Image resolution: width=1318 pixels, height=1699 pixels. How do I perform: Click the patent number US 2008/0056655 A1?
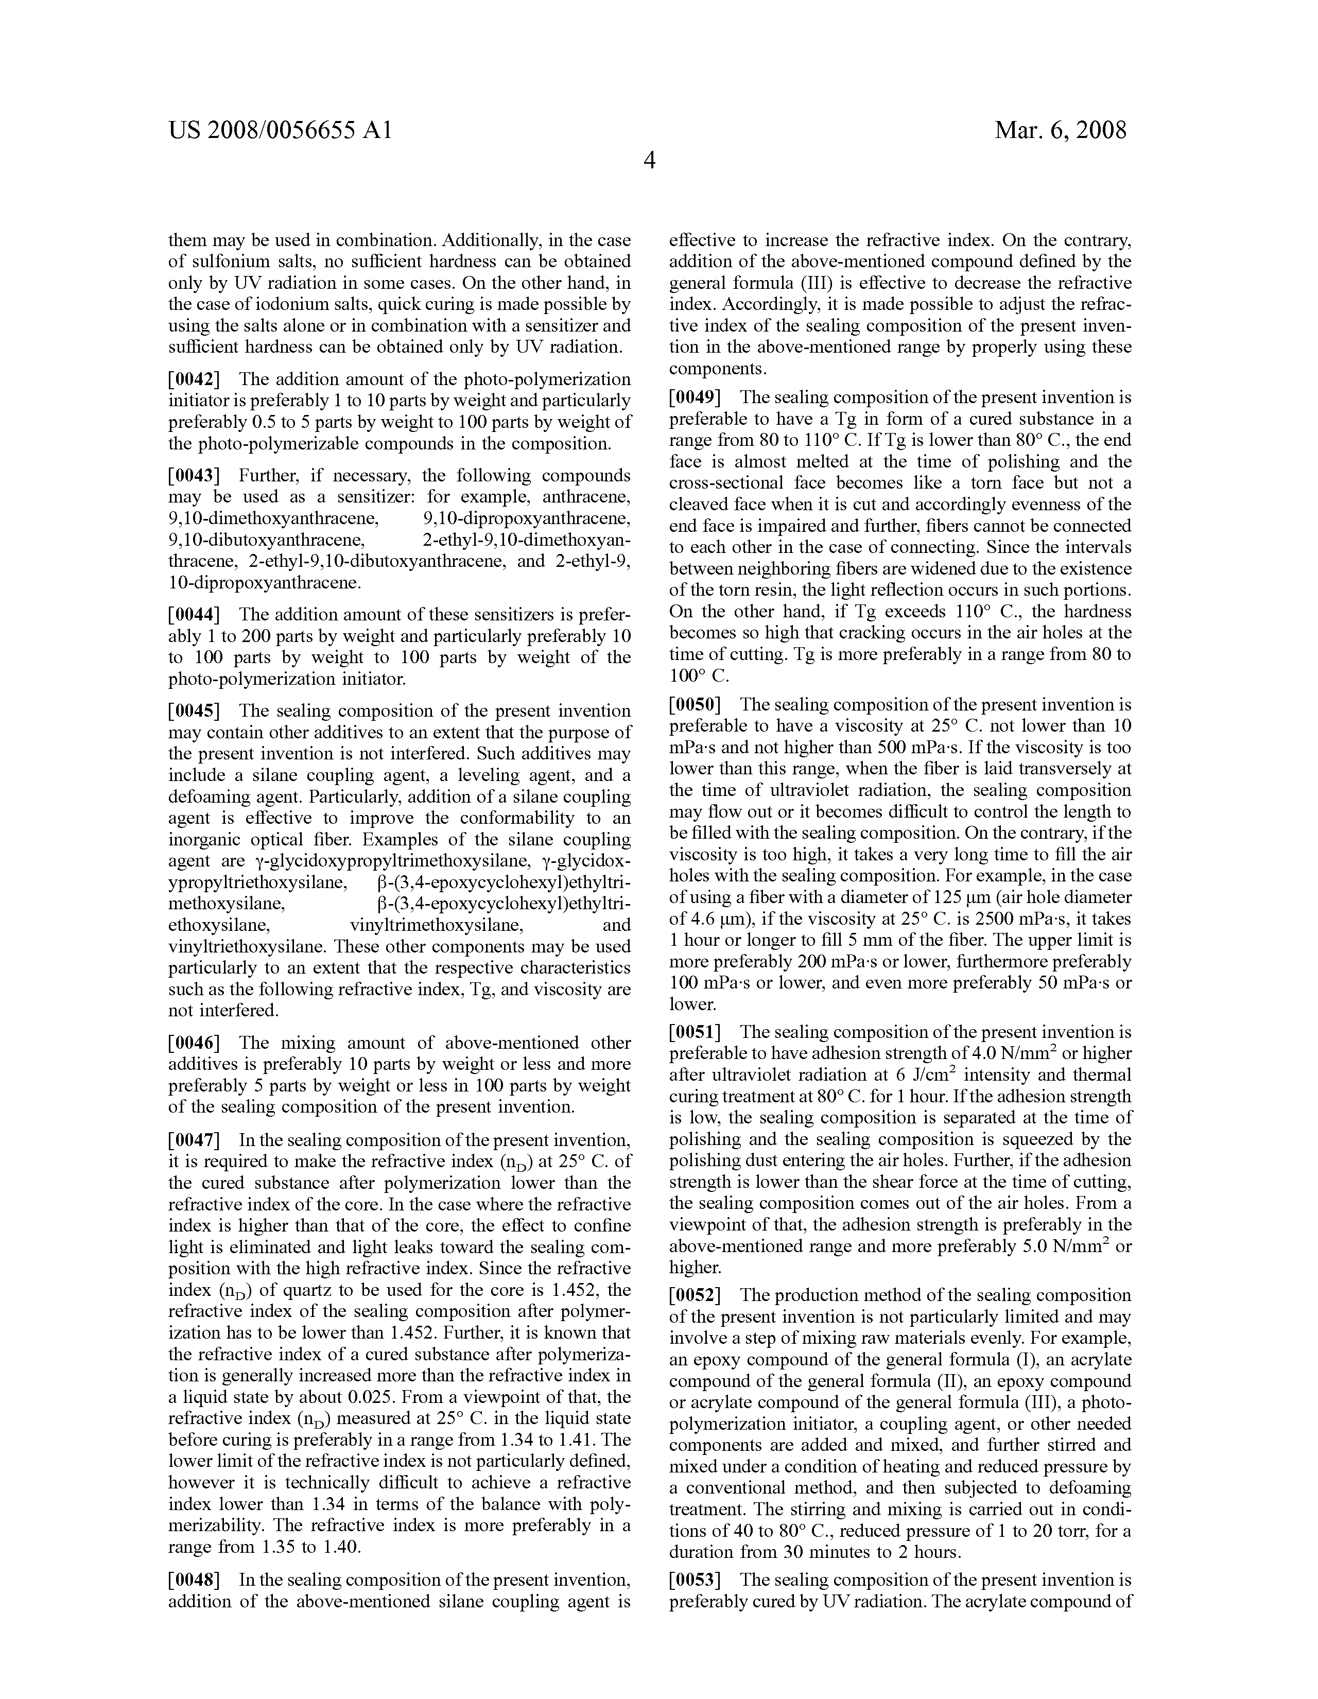[x=280, y=130]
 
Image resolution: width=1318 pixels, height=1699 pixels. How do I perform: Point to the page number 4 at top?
[x=650, y=161]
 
